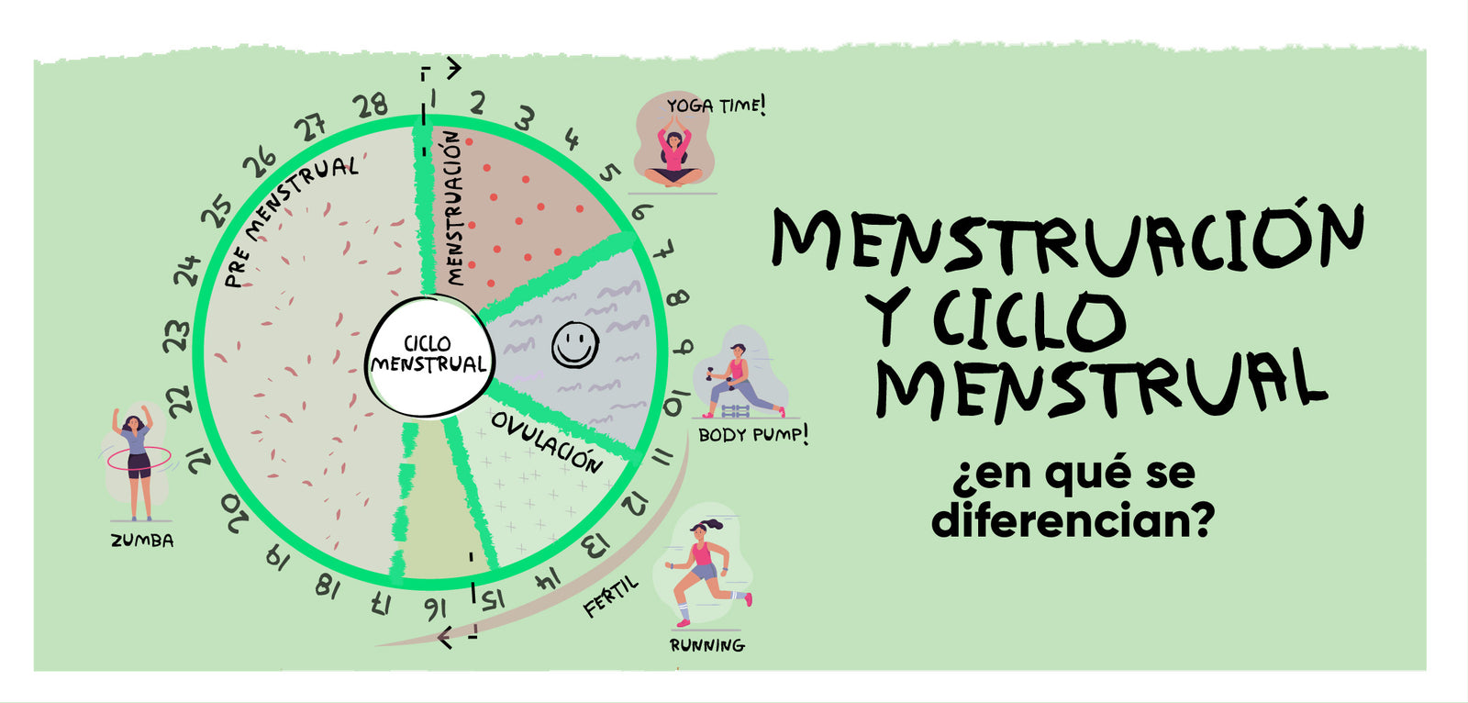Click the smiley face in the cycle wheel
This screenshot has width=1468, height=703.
point(575,345)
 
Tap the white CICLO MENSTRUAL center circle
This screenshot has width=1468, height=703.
point(428,354)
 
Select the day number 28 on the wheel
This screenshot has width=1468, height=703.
point(372,106)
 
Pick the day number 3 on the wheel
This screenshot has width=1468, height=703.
point(524,118)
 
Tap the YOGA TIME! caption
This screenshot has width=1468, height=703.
point(716,106)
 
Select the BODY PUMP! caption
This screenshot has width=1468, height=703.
point(753,434)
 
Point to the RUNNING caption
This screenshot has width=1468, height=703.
point(706,645)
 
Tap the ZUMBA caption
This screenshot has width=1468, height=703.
point(142,541)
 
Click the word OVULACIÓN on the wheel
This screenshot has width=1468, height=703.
point(547,441)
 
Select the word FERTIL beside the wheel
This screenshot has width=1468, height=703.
point(610,597)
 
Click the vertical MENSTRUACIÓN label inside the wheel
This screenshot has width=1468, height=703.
point(454,206)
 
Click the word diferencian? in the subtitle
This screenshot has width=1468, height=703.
point(1073,520)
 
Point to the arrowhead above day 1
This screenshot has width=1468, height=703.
point(452,67)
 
